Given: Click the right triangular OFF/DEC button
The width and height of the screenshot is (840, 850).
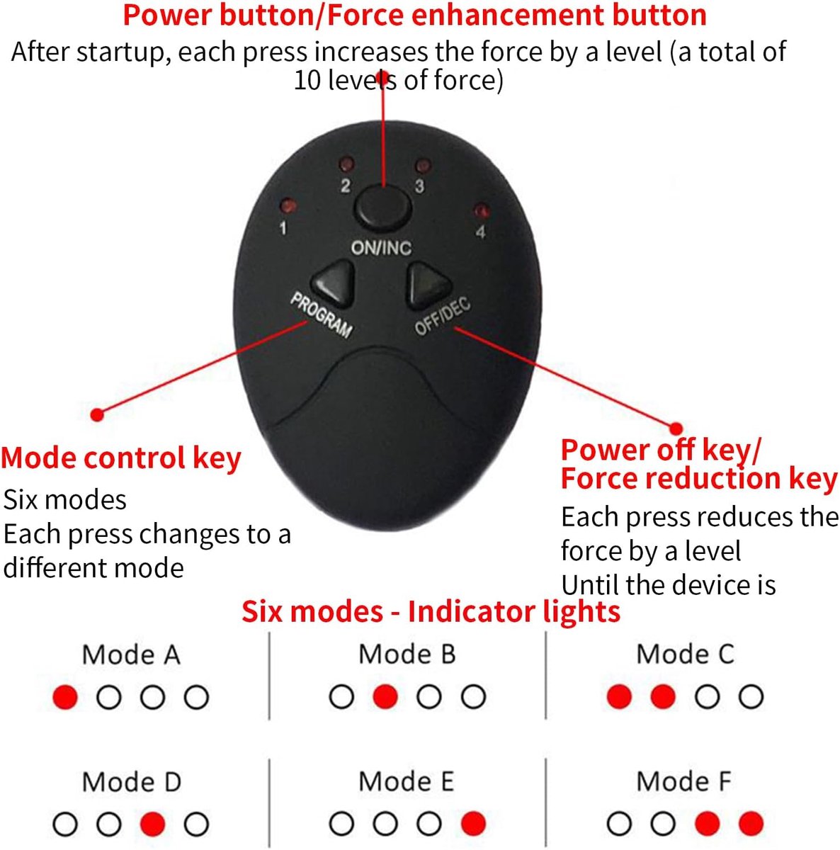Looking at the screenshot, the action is tap(426, 285).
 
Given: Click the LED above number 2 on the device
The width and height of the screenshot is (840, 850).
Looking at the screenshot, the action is tap(346, 164).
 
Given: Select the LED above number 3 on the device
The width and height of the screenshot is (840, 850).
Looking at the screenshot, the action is tap(423, 166).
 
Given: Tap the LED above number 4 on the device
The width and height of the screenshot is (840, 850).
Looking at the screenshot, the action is tap(482, 210).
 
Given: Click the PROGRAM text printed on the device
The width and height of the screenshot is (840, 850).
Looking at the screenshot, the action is tap(322, 315).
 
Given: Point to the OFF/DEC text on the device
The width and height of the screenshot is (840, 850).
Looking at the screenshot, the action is tap(442, 317).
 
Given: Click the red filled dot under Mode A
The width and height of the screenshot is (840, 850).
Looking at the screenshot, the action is tap(65, 697).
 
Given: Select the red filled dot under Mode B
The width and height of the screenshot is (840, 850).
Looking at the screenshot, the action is tap(385, 696).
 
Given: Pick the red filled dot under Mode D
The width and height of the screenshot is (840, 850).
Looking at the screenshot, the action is tap(153, 824).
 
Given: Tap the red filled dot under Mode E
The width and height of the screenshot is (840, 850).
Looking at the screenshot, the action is tap(473, 824).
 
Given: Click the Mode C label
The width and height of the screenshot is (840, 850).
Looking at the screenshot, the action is tap(685, 654).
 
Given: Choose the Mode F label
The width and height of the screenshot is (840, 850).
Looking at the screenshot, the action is tap(683, 781).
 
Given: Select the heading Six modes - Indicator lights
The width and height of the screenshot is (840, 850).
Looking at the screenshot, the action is tap(431, 611).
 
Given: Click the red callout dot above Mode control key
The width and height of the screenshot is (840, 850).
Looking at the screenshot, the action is tap(97, 414).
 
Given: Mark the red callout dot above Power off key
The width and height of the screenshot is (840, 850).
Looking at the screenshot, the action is tap(676, 429).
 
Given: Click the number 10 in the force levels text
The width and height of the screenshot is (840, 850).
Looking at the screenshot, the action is tap(308, 81).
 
